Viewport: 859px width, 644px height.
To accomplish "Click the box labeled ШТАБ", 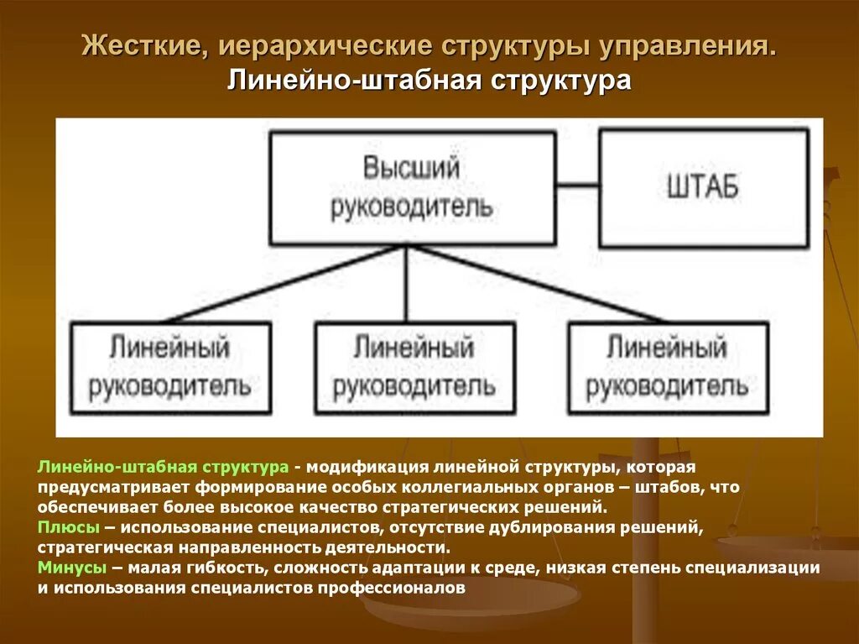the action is click(703, 186).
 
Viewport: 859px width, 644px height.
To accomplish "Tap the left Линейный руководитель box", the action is click(170, 368).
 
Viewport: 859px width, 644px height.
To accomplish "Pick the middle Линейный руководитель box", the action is click(414, 368).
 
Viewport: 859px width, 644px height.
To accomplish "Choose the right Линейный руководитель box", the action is click(667, 368).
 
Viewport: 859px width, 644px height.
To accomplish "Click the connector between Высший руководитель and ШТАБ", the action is click(577, 184).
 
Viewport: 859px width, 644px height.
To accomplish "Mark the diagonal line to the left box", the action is click(285, 284).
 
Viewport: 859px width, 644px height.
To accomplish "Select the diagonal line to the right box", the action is click(537, 284).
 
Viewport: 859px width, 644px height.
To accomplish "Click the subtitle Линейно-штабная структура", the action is click(429, 81).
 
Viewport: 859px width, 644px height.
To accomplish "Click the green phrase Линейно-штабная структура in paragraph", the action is click(163, 466).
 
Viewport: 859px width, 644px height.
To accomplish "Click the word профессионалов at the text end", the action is click(391, 588).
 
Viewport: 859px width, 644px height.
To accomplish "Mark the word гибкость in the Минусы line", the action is click(224, 568).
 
